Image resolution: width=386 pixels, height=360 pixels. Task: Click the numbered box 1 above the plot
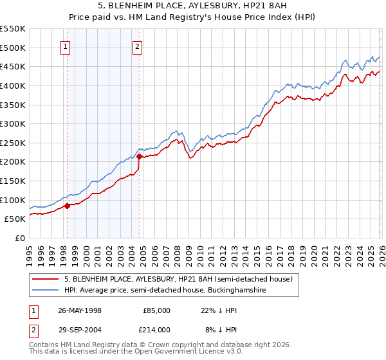click(66, 46)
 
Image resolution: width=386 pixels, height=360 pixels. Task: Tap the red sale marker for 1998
click(67, 206)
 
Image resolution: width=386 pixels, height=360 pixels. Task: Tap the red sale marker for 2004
click(139, 156)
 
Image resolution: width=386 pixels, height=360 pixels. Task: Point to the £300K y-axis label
click(13, 123)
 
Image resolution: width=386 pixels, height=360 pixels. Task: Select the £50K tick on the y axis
click(15, 219)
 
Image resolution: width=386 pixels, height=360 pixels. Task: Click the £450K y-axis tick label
click(13, 66)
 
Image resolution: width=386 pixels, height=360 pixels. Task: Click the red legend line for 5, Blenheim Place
click(46, 279)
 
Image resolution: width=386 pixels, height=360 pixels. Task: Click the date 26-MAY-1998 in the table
click(80, 310)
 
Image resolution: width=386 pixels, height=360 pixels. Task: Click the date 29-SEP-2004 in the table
click(80, 328)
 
